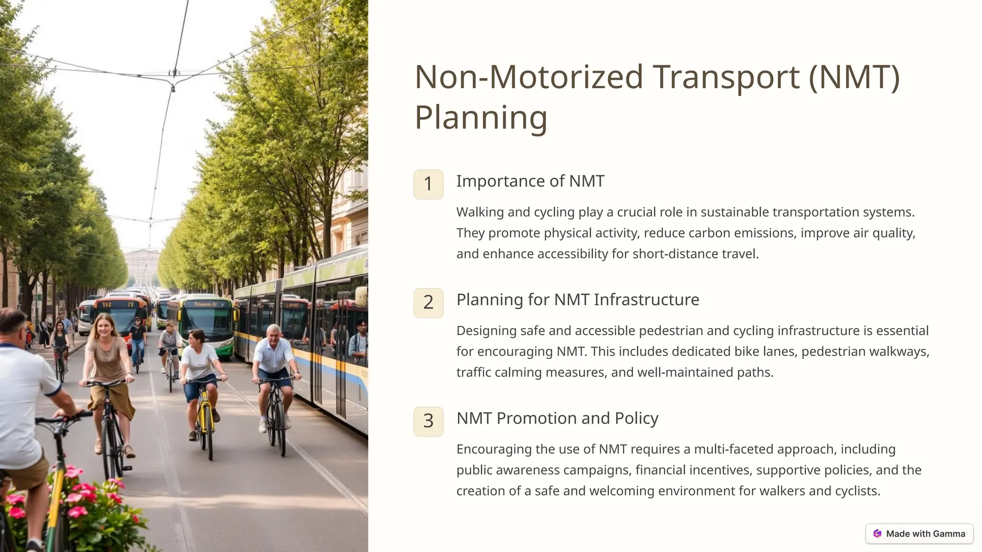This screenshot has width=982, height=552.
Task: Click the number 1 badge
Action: [428, 184]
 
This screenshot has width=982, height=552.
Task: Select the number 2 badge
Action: [428, 303]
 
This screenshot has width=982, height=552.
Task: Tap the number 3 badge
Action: [428, 421]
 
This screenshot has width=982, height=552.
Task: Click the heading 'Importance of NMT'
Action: [530, 181]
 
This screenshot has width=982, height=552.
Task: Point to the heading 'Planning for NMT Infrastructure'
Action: [577, 299]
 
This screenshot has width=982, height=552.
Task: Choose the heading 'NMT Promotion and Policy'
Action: [557, 418]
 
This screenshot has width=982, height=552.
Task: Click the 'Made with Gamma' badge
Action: [919, 534]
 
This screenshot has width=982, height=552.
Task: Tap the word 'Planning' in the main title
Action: [480, 117]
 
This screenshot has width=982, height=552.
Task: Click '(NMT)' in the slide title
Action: [854, 77]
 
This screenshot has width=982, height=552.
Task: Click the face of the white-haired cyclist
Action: [273, 333]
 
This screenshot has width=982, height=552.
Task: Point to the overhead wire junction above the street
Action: [173, 86]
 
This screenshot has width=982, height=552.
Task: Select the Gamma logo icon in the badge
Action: [877, 534]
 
